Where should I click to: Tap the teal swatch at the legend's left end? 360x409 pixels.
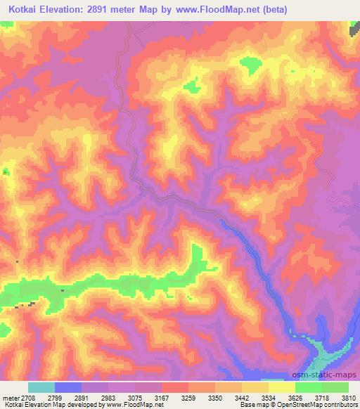(x=41, y=387)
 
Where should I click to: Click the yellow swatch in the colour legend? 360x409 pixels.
(x=281, y=387)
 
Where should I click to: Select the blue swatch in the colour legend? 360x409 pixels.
(x=68, y=387)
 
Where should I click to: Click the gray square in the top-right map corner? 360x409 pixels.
(x=355, y=30)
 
